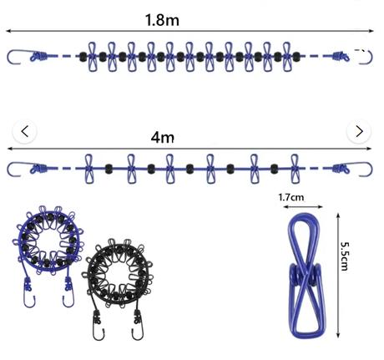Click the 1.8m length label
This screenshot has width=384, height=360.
(x=162, y=20)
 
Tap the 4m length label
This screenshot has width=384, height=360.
(x=163, y=137)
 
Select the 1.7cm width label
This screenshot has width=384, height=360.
(x=291, y=197)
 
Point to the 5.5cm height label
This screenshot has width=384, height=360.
(x=345, y=256)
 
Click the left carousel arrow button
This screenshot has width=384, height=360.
(x=25, y=131)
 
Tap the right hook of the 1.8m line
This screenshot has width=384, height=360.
(x=366, y=57)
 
